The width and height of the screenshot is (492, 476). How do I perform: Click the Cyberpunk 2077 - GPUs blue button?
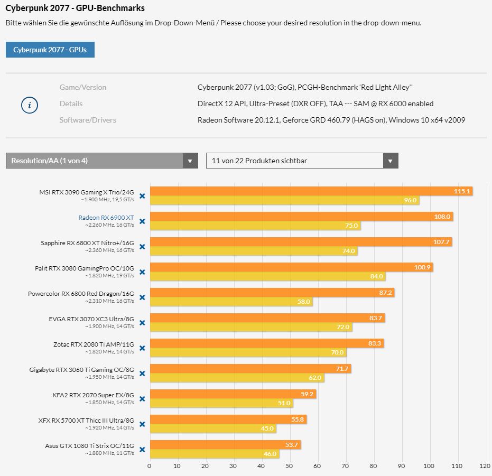tap(50, 50)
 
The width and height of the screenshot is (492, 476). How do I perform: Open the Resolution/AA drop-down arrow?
tap(190, 161)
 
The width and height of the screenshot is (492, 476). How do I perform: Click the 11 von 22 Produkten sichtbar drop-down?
tap(302, 161)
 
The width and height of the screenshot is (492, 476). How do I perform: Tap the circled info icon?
tap(30, 105)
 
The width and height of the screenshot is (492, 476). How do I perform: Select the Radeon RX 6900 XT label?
tap(106, 217)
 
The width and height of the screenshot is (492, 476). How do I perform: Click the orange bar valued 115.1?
tap(311, 191)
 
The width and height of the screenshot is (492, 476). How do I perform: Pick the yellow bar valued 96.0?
tap(284, 201)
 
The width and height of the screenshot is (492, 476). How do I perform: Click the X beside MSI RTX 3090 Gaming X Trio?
tap(142, 196)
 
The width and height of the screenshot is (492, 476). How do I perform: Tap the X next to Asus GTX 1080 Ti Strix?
tap(142, 450)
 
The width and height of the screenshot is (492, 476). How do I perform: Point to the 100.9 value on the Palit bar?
tap(422, 267)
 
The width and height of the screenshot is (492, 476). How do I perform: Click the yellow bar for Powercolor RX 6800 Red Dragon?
tap(231, 302)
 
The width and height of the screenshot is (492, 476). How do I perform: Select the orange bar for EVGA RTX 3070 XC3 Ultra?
tap(267, 318)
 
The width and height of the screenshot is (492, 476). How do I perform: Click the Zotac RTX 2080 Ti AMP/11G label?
tap(94, 344)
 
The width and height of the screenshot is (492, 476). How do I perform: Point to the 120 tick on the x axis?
tap(485, 466)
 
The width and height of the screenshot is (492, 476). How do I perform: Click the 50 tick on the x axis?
tap(289, 466)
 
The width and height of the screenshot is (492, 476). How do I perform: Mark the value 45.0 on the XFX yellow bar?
tap(267, 428)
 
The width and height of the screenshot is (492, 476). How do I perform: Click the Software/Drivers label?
tap(88, 120)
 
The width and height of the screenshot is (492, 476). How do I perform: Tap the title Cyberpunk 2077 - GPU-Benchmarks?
tap(75, 8)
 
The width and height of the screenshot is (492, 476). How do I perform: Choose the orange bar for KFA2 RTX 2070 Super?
tap(233, 394)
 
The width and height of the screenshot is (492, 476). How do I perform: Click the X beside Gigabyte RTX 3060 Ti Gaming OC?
tap(142, 374)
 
